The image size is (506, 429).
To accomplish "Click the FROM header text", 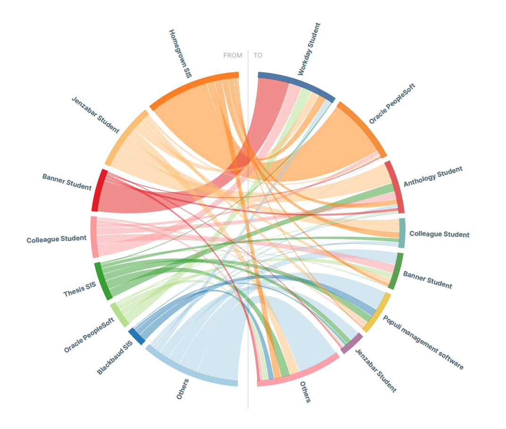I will (x=233, y=55).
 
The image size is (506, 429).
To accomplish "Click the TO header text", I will (x=258, y=55).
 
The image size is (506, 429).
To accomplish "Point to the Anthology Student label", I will (x=433, y=177).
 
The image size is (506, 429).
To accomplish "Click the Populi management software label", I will (x=423, y=343).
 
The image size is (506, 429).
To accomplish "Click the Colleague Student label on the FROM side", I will (x=57, y=239).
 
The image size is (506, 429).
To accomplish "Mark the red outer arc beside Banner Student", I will (x=99, y=189).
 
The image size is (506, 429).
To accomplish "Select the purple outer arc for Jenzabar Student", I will (x=352, y=343).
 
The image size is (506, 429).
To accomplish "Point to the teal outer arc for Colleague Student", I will (x=402, y=233).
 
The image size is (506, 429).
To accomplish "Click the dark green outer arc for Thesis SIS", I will (x=103, y=281).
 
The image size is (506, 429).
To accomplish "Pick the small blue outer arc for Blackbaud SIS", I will (x=137, y=336).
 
